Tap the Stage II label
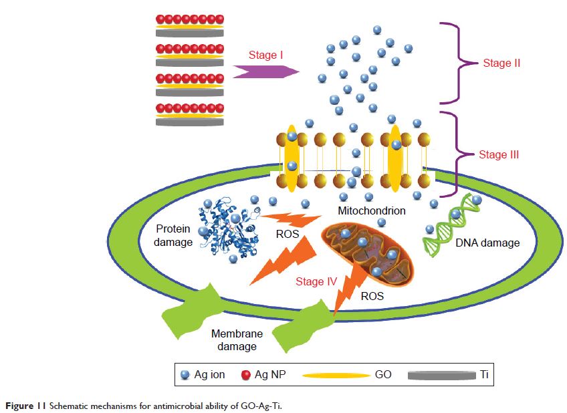pos(501,63)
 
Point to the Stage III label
pos(499,155)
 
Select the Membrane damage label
pos(234,339)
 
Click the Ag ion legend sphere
pos(185,375)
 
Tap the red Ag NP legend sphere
pos(245,375)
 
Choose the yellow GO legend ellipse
pos(335,376)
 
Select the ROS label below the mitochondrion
pos(372,295)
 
